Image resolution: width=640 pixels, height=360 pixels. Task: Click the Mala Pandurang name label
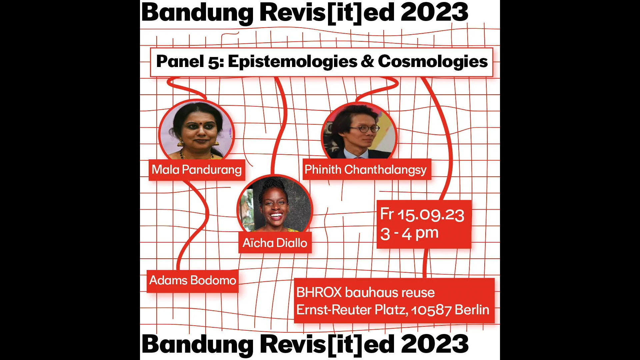click(197, 170)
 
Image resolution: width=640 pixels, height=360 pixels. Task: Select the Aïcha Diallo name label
click(275, 243)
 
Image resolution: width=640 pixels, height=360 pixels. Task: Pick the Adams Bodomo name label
click(193, 281)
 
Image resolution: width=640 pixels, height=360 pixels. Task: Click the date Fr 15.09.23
click(422, 214)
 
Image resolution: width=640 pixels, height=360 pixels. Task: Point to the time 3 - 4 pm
click(409, 233)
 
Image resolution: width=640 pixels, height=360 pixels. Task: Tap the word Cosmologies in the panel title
click(433, 61)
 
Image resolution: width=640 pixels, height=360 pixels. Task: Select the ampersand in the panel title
click(368, 61)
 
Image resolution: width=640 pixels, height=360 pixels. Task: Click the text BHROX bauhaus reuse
click(365, 292)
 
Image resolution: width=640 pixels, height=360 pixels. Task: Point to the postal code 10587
click(431, 310)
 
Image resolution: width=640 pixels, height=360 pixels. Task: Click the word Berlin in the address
click(472, 310)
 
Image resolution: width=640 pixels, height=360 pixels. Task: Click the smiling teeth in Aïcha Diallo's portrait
click(276, 215)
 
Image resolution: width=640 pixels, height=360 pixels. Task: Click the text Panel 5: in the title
click(190, 62)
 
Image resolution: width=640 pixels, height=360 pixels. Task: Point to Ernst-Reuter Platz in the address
click(352, 310)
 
